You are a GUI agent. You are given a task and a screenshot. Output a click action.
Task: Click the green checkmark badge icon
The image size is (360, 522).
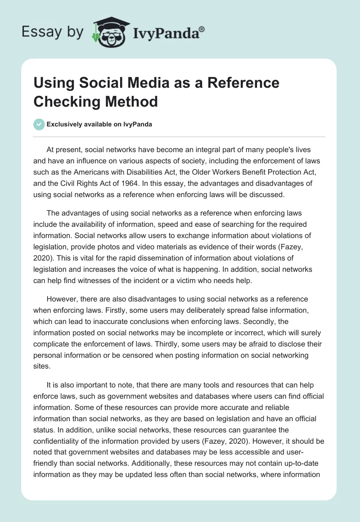pos(40,124)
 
